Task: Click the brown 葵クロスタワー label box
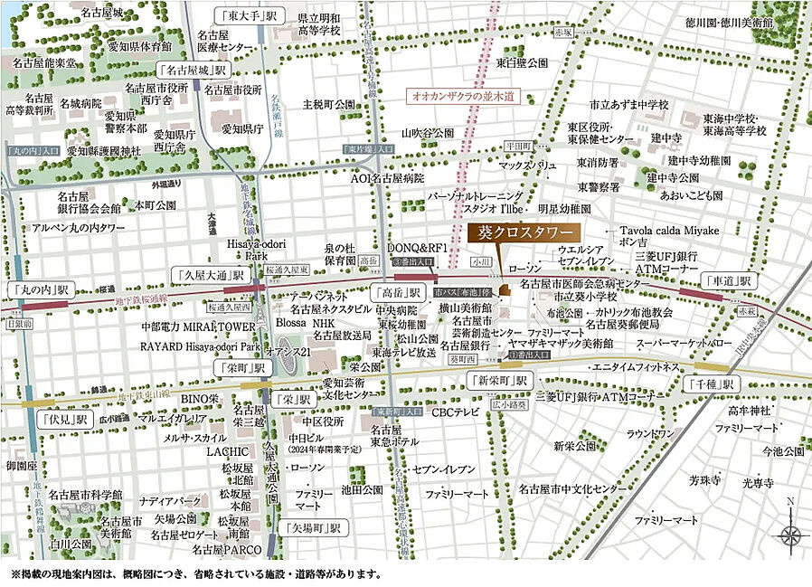(525, 232)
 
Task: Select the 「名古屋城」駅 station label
(194, 70)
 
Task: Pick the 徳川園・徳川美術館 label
(753, 22)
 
